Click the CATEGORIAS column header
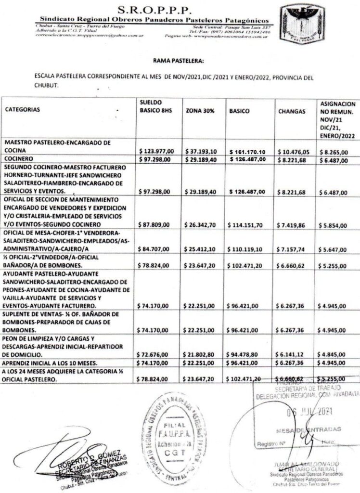pos(23,109)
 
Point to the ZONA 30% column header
pos(200,110)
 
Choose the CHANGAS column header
pos(292,111)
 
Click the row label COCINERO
pos(19,159)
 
